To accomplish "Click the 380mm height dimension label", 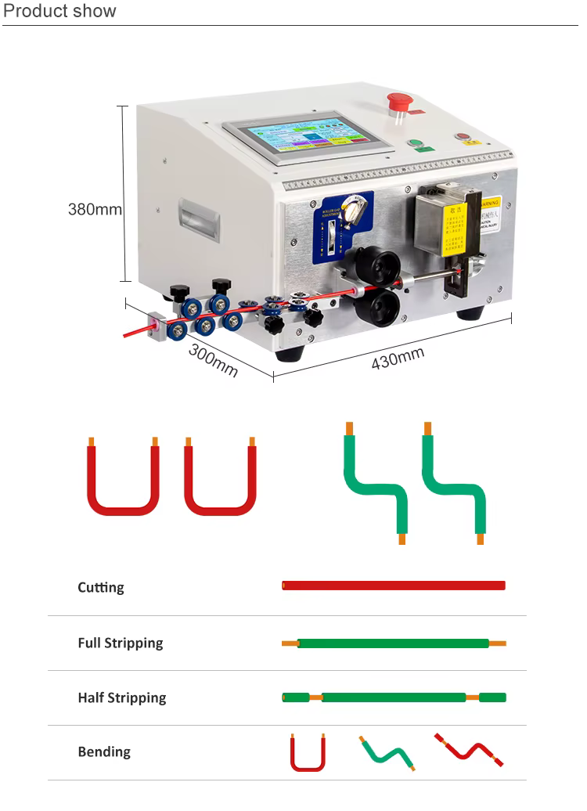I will tap(95, 209).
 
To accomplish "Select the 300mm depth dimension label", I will tap(213, 361).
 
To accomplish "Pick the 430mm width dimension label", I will tap(398, 359).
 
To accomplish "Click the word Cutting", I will tap(100, 587).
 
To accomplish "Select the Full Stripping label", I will tap(120, 643).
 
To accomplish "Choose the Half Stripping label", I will tap(121, 697).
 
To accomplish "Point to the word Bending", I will tap(103, 752).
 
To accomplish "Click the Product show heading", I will tap(59, 11).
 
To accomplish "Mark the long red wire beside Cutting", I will tap(393, 586).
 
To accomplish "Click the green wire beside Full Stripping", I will tap(393, 643).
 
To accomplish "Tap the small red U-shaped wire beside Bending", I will tap(307, 755).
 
